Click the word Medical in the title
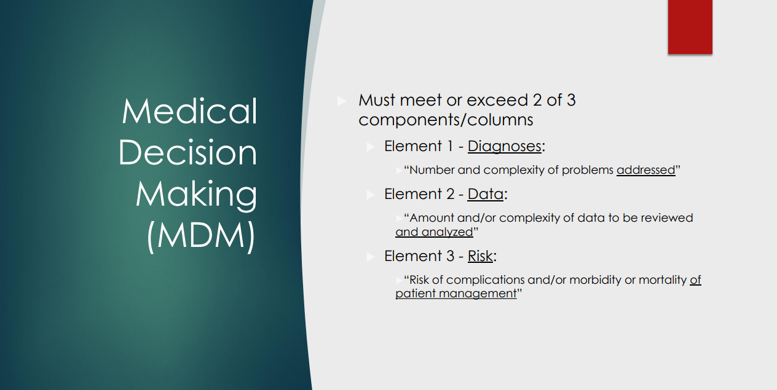coord(189,111)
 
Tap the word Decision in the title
coord(187,152)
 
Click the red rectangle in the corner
coord(690,26)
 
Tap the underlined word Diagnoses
coord(504,147)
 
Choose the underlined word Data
coord(485,194)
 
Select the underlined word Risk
coord(480,256)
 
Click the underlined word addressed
coord(646,170)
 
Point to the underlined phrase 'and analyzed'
coord(434,232)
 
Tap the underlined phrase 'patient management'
coord(456,294)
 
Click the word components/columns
coord(446,120)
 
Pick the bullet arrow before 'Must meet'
coord(342,101)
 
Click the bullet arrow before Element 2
coord(371,195)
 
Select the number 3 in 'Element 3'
coord(450,256)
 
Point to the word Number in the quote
coord(432,170)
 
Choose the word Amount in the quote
coord(432,218)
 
